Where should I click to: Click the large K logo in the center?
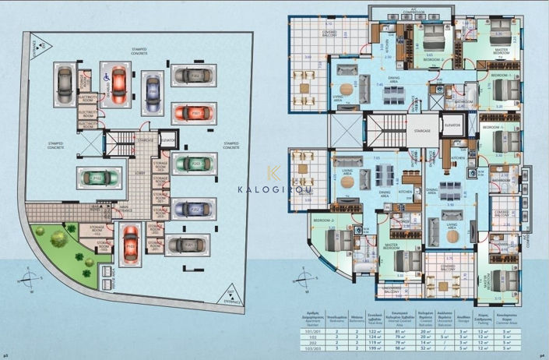click(x=274, y=173)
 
